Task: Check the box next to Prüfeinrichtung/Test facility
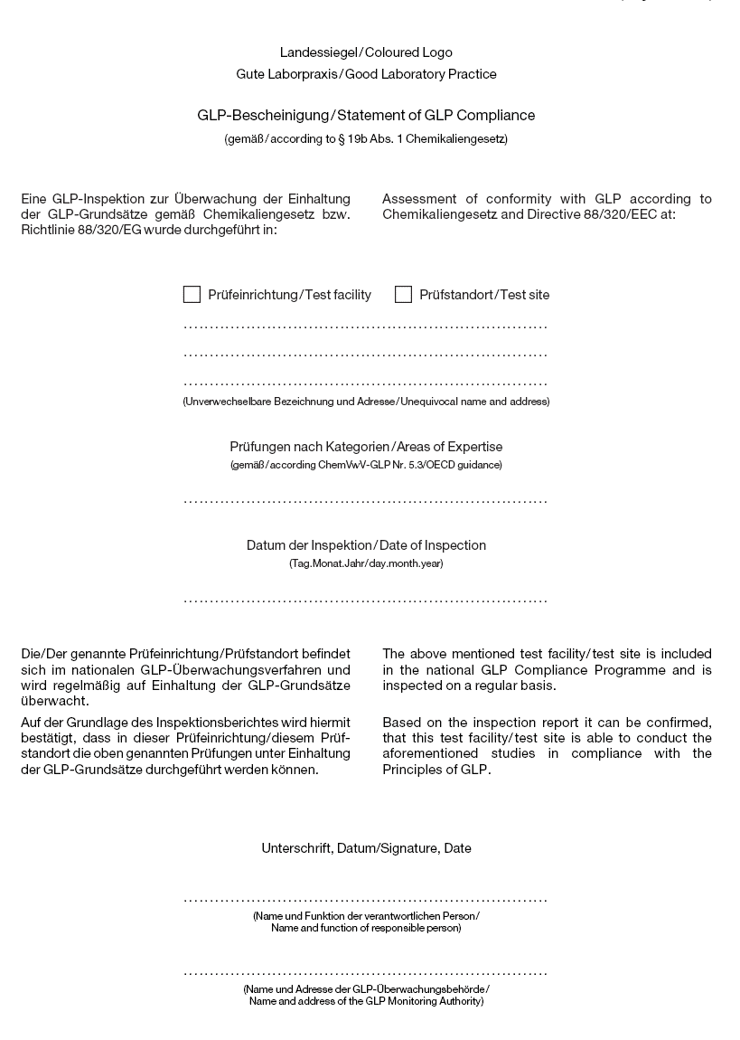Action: (192, 295)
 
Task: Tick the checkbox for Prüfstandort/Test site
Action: (403, 295)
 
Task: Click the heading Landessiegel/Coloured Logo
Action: (366, 52)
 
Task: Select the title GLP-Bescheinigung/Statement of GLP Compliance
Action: (366, 116)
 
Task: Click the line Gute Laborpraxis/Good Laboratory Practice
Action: (366, 74)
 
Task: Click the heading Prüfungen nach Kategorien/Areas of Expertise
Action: (366, 447)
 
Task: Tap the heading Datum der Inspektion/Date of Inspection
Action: (366, 545)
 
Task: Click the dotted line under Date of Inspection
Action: (366, 600)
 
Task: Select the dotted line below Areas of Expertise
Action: (366, 500)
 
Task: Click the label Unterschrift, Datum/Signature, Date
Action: (366, 848)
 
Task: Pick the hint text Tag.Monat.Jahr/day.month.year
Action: (366, 563)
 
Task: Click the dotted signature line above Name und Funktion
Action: (366, 901)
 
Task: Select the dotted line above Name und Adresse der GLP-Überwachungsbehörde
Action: (366, 973)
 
